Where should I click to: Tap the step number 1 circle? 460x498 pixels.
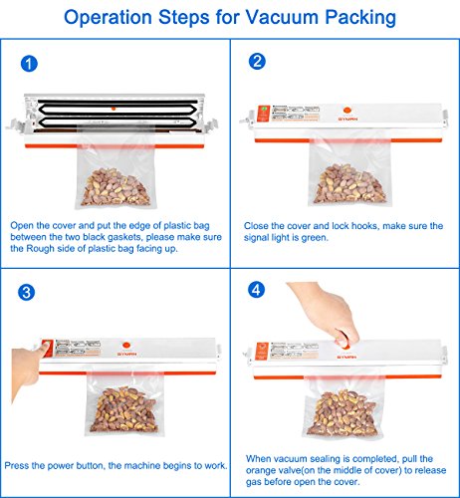click(x=29, y=64)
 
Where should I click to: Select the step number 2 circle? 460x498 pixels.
click(x=257, y=62)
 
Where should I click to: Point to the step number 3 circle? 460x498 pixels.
click(x=26, y=293)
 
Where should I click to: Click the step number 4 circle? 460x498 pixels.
click(x=256, y=290)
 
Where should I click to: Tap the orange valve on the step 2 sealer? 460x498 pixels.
click(x=346, y=111)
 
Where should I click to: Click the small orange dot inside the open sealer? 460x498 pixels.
click(x=114, y=109)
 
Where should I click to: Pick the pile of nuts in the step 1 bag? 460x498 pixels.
click(x=115, y=187)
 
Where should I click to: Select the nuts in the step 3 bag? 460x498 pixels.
click(x=123, y=409)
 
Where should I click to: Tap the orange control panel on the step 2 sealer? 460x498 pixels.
click(x=263, y=114)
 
